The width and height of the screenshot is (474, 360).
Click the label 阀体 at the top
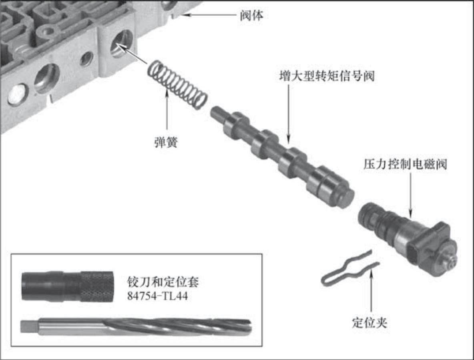coord(251,15)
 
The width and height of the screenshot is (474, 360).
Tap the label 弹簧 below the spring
coord(166,142)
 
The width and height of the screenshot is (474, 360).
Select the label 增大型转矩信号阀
coord(327,76)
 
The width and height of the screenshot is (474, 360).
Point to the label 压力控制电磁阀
coord(405,164)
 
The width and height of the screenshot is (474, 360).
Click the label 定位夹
coord(370,322)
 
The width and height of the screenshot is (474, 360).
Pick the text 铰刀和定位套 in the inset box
coord(163,282)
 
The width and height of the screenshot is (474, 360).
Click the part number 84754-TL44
coord(157,296)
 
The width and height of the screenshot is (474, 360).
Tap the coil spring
coord(177,84)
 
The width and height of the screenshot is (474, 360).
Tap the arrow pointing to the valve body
coord(208,15)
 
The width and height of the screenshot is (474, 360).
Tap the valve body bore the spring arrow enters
coord(121,44)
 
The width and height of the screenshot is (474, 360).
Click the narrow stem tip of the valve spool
coord(217,113)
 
